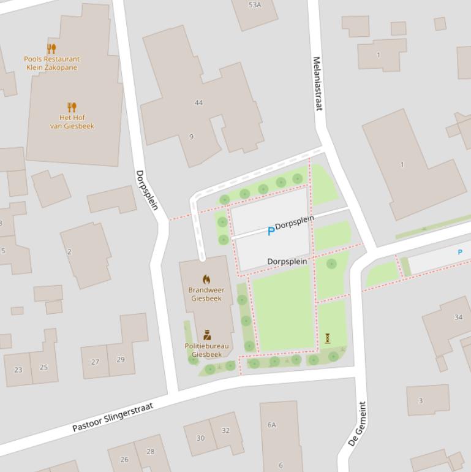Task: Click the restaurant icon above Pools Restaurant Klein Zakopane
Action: (x=51, y=48)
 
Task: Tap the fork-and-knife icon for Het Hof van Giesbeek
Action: (x=72, y=107)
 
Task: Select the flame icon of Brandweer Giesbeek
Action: (x=206, y=279)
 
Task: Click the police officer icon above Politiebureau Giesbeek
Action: (x=207, y=335)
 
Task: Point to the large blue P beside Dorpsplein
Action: (x=271, y=232)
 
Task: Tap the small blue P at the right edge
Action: (x=460, y=252)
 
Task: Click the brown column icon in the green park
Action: (x=328, y=338)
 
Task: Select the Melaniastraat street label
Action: (x=317, y=84)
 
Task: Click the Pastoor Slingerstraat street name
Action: (x=113, y=417)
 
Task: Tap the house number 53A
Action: (x=255, y=5)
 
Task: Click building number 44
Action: (x=198, y=102)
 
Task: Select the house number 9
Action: (x=191, y=137)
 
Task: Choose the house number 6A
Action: (x=271, y=425)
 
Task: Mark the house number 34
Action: (x=458, y=317)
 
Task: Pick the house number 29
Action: (x=120, y=360)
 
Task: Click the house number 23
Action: (x=18, y=370)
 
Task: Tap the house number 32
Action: (x=225, y=430)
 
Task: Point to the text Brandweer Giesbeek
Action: (x=206, y=294)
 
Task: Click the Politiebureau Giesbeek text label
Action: (x=207, y=350)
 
